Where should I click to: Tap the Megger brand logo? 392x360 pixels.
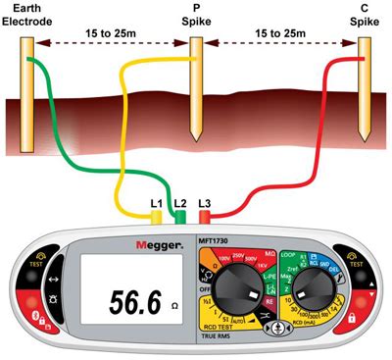pos(156,240)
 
